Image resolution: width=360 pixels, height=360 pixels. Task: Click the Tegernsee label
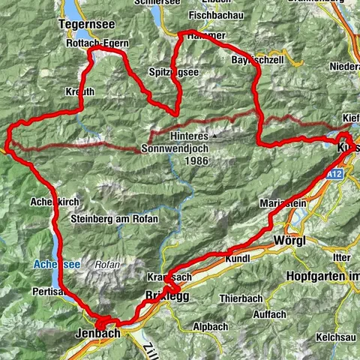(x=83, y=24)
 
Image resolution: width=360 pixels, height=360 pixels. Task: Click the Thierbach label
(x=238, y=298)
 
